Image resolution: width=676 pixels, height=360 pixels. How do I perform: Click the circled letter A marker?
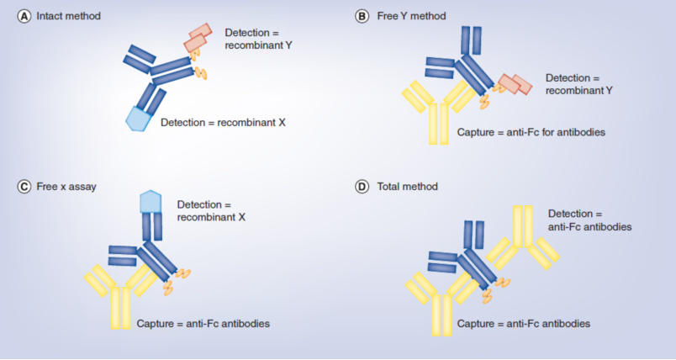24,16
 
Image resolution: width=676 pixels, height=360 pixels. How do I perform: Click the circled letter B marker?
362,16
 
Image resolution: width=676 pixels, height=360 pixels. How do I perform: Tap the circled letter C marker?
24,186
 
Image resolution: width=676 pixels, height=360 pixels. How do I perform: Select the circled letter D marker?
362,186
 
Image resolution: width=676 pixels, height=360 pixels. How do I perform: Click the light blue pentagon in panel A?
138,119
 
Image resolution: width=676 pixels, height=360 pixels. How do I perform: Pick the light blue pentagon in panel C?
151,201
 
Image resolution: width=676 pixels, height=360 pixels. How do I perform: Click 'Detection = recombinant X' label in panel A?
224,122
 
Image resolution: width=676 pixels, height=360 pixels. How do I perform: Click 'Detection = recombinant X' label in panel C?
212,210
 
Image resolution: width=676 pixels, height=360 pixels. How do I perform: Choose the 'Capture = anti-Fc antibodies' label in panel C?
203,323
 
